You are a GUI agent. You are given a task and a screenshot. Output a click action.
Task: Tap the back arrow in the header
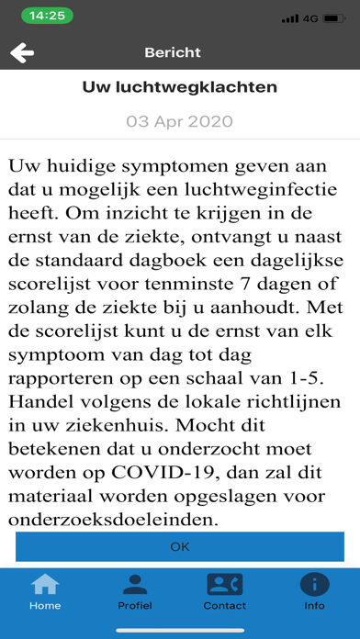tap(22, 53)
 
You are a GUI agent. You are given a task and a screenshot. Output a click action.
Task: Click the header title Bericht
tap(173, 52)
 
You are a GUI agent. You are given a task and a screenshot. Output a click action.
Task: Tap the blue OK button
tap(180, 546)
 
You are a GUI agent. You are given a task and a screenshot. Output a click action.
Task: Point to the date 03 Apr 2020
tap(180, 121)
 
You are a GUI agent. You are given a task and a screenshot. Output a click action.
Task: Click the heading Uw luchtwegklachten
tap(180, 87)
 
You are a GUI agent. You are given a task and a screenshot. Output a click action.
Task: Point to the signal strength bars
tap(290, 17)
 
